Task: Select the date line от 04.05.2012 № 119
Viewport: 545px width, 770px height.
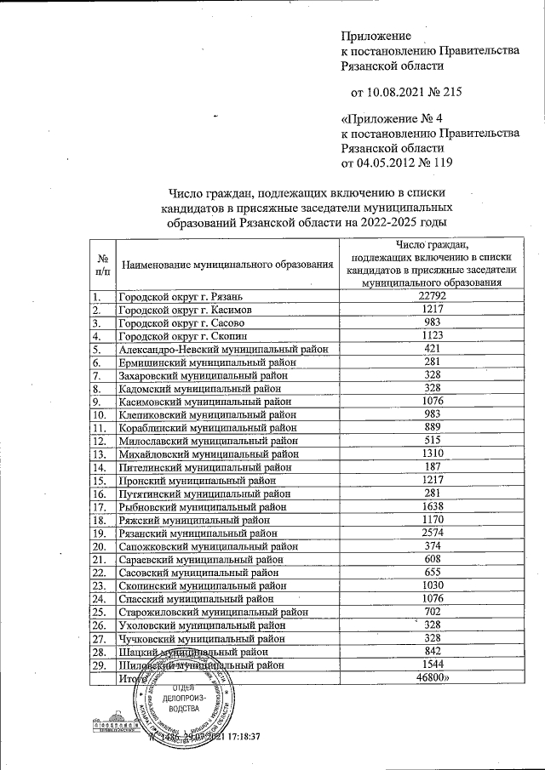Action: click(x=396, y=163)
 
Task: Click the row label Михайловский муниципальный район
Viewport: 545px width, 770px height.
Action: click(x=208, y=454)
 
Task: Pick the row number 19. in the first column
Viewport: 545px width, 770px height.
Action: click(x=100, y=533)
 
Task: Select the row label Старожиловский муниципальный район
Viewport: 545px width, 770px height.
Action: click(x=212, y=612)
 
